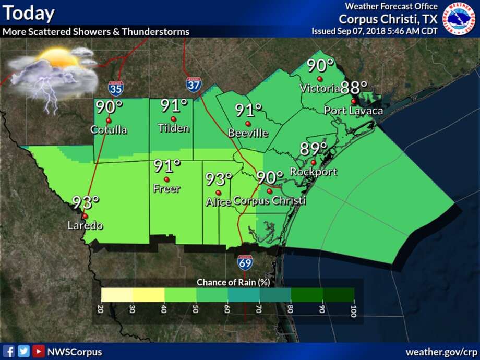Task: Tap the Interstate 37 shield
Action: (193, 85)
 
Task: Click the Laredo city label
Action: (85, 226)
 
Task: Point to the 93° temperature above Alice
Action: (218, 179)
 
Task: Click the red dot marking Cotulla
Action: (109, 120)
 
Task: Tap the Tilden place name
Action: (174, 128)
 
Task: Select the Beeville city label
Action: (248, 134)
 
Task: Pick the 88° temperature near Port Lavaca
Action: (354, 87)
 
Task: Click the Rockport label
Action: (313, 172)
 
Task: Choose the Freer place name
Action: (166, 189)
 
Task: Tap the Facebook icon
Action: (9, 351)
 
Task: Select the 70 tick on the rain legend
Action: (259, 309)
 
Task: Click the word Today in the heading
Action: (28, 13)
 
